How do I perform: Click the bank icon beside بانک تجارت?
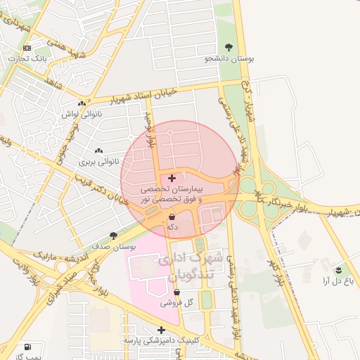pos(27,48)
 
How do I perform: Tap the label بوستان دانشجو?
pos(229,59)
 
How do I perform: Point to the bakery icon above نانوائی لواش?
pos(82,103)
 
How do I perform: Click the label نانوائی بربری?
pos(96,162)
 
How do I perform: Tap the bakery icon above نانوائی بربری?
pos(98,150)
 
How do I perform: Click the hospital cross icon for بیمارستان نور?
pos(172,179)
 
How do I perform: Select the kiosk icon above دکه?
pos(172,218)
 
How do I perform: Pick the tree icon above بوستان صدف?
pos(114,236)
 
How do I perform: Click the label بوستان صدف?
pos(114,247)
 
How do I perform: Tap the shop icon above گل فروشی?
pos(176,292)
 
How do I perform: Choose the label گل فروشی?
pos(176,303)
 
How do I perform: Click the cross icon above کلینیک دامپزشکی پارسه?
pos(161,329)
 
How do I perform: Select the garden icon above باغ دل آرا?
pos(340,269)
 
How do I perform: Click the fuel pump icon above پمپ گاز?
pos(27,347)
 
